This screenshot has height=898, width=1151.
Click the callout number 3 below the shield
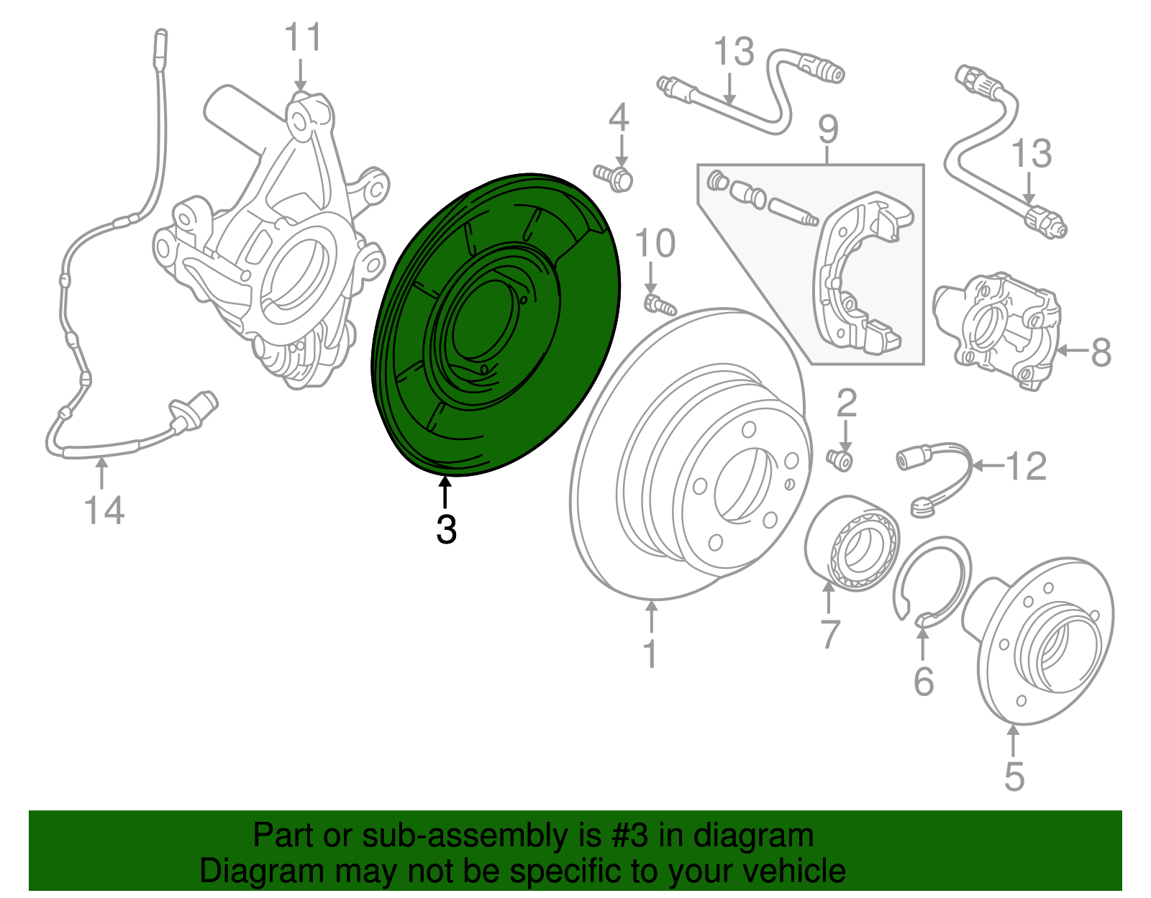click(446, 530)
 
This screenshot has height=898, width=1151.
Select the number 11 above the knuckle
click(303, 37)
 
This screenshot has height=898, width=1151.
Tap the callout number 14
click(104, 510)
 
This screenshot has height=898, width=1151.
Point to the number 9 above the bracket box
click(828, 130)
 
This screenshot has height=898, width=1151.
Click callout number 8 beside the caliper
click(1101, 352)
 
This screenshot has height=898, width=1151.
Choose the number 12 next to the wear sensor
click(1026, 467)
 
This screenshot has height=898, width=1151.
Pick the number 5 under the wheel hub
click(1014, 777)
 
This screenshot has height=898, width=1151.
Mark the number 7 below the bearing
click(830, 634)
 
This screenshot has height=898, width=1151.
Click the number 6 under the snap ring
click(924, 681)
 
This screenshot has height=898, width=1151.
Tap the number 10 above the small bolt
click(655, 244)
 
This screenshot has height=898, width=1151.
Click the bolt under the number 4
click(614, 176)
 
